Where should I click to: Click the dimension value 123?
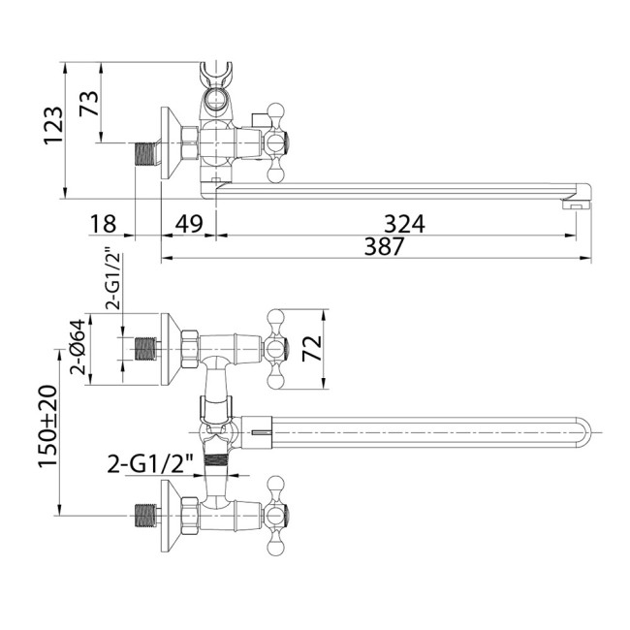[x=53, y=125]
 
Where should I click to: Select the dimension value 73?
[x=89, y=104]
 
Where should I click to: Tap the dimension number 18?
[x=103, y=223]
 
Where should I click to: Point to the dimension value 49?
[x=189, y=223]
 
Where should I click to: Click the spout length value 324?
[x=404, y=223]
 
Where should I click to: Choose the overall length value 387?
[x=384, y=246]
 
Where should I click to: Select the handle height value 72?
[x=312, y=348]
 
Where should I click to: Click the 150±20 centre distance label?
[x=48, y=426]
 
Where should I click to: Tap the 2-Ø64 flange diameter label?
[x=78, y=347]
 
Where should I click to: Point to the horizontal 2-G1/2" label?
[x=150, y=464]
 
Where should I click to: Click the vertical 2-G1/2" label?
[x=112, y=280]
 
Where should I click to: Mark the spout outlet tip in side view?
[x=577, y=205]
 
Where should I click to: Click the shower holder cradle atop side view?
[x=216, y=75]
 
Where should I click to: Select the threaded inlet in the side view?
[x=146, y=155]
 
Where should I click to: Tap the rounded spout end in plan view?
[x=583, y=432]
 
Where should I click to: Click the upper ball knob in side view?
[x=275, y=110]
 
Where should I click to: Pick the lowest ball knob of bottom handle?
[x=275, y=548]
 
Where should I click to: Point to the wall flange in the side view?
[x=172, y=143]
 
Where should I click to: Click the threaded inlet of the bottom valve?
[x=145, y=515]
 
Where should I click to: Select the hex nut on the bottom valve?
[x=190, y=516]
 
